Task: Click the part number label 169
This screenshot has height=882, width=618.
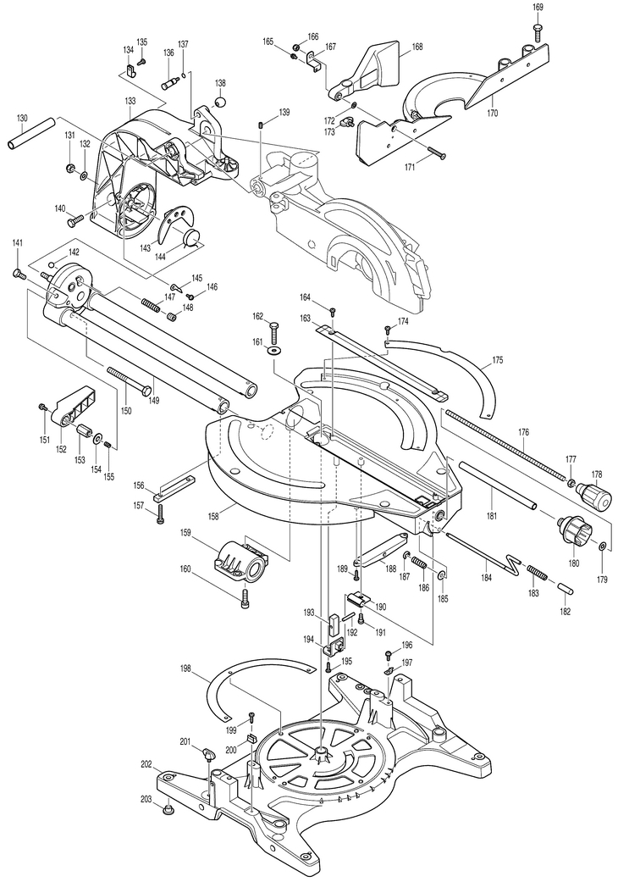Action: tap(538, 8)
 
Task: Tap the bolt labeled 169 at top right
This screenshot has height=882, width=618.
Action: tap(538, 32)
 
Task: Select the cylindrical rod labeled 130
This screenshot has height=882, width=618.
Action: tap(32, 133)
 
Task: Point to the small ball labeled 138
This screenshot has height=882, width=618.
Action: tap(220, 103)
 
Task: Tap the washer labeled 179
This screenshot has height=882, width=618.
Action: tap(602, 546)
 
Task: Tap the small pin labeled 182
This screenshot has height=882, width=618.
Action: tap(566, 587)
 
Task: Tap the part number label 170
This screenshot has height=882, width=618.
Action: tap(493, 113)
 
